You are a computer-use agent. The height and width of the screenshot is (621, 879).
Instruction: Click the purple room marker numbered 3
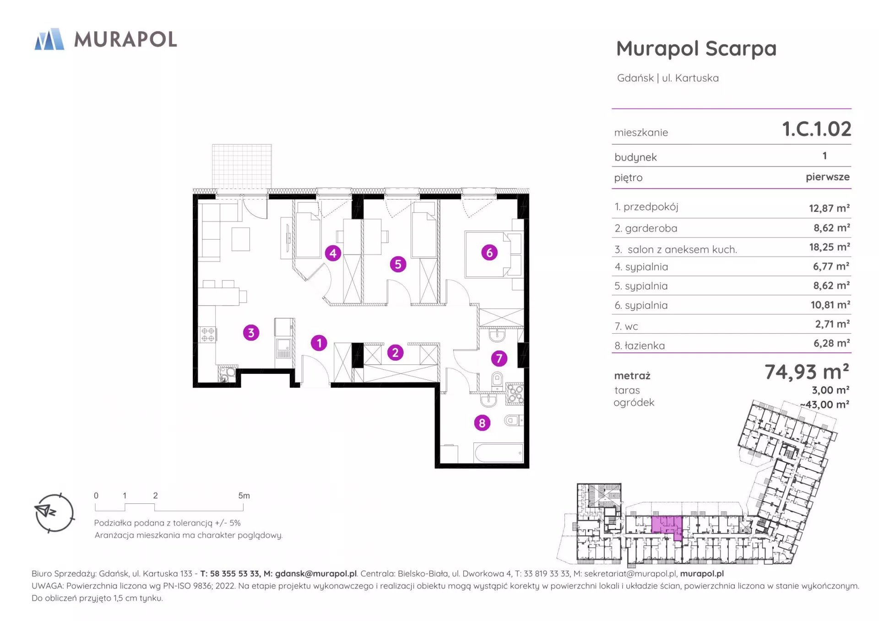tap(251, 333)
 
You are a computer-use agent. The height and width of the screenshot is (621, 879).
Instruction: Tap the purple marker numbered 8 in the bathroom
tap(482, 423)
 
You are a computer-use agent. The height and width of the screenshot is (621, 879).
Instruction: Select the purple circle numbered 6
tap(489, 252)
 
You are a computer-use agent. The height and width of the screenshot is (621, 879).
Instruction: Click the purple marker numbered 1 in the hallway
tap(319, 343)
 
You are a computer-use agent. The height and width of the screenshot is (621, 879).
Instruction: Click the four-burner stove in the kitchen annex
tap(207, 335)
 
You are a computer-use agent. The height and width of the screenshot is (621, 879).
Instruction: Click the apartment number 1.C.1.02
tap(817, 129)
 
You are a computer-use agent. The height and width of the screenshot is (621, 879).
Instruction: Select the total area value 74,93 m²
tap(807, 372)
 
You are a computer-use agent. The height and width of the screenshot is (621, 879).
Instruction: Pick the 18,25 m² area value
tap(830, 247)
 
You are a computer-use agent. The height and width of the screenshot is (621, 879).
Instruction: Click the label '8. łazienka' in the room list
tap(640, 346)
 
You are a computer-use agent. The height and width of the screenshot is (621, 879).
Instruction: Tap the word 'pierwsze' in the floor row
tap(828, 177)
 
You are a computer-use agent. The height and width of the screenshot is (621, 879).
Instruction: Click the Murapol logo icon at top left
tap(49, 39)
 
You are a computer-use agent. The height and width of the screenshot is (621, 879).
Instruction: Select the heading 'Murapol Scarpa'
tap(696, 49)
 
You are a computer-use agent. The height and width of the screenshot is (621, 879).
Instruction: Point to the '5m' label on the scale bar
tap(244, 496)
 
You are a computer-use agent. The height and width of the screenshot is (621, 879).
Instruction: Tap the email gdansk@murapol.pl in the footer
tap(316, 574)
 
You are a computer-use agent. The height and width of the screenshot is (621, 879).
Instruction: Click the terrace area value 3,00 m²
tap(830, 390)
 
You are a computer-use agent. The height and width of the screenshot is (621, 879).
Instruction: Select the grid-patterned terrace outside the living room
tap(242, 167)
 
